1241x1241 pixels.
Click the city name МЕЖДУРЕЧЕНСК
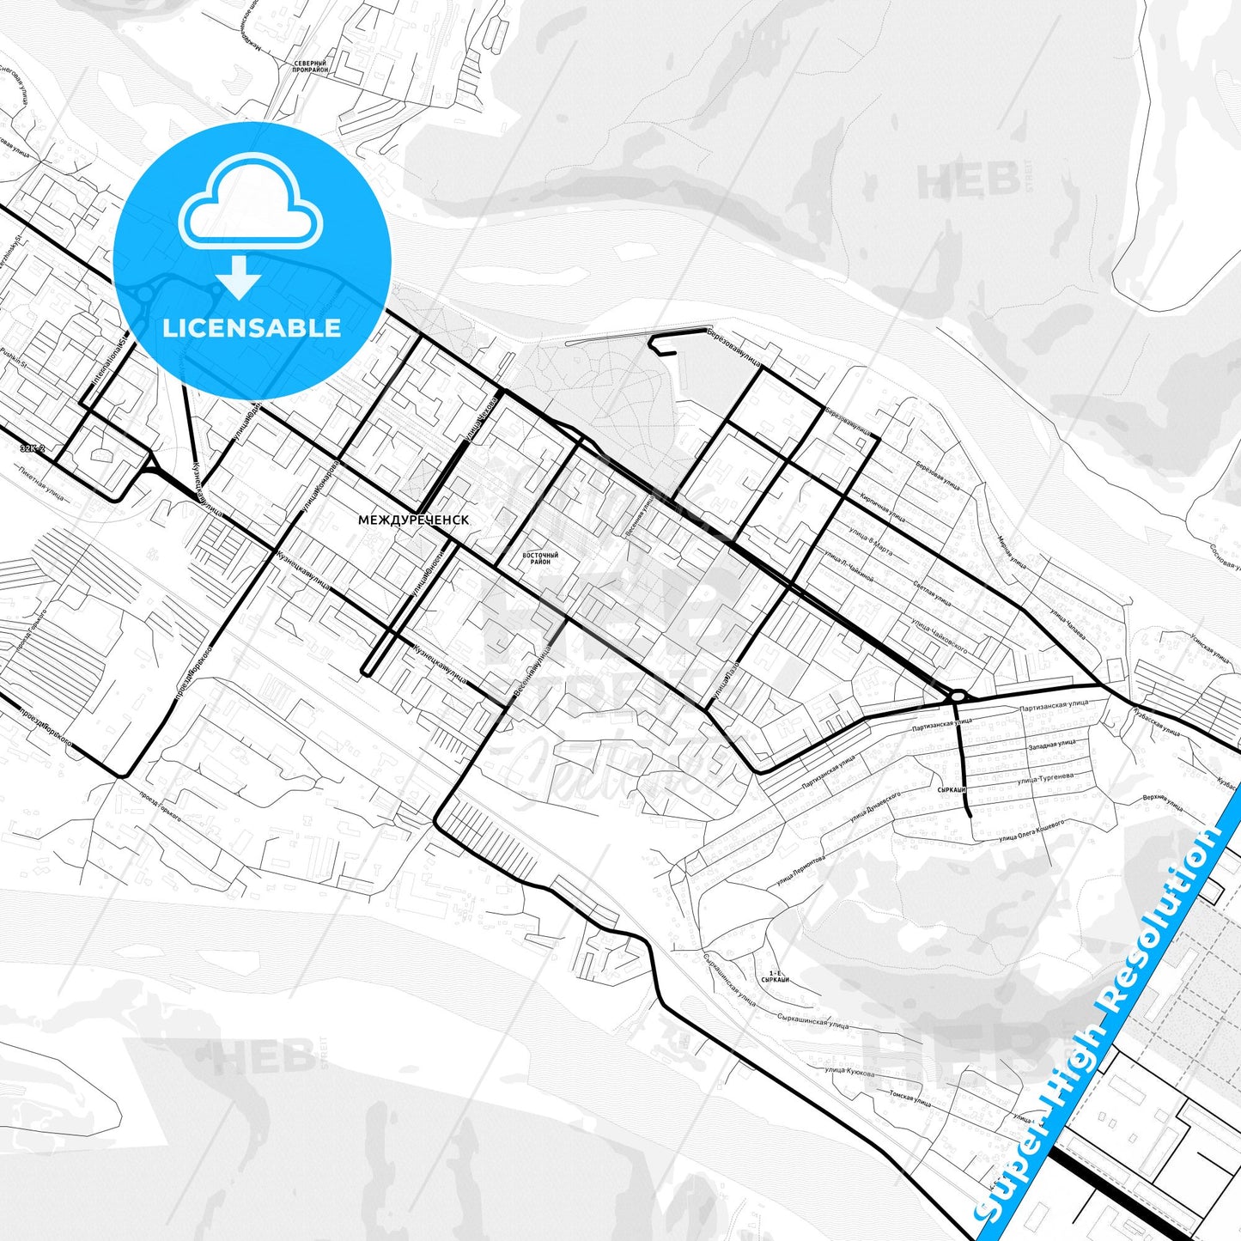tap(414, 520)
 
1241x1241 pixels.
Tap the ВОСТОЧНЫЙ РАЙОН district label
tap(540, 559)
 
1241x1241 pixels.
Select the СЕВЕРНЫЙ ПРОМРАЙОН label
tap(310, 66)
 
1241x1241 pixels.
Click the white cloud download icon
tap(250, 210)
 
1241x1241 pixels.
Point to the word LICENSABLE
tap(252, 327)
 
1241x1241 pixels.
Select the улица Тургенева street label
tap(1043, 779)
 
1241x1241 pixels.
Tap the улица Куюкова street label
tap(849, 1072)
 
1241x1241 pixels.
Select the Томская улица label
tap(909, 1098)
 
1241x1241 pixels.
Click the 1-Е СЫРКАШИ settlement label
tap(775, 976)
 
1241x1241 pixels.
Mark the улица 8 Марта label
tap(869, 542)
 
